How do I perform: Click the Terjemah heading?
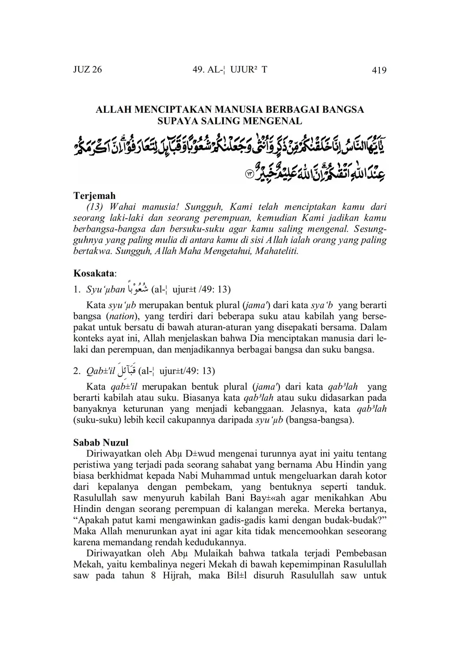(x=94, y=195)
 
